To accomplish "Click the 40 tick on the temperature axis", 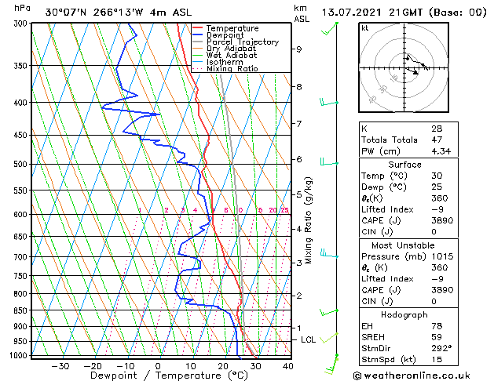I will (x=287, y=366).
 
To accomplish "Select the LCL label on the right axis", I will (x=308, y=339).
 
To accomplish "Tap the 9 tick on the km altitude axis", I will (x=298, y=49).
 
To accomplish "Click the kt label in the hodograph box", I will (x=364, y=28).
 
